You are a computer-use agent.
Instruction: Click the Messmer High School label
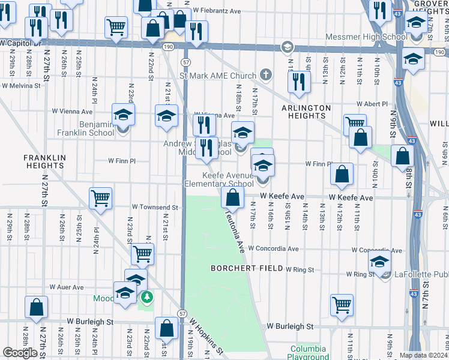point(366,37)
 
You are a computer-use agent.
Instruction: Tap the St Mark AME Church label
point(218,76)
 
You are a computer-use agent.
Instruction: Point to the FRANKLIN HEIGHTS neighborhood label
point(44,161)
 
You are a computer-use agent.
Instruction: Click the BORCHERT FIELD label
point(246,268)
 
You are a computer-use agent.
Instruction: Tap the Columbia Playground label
point(308,353)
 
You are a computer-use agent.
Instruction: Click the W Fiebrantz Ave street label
point(216,11)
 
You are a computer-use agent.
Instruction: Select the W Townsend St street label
point(155,207)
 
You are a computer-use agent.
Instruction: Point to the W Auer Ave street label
point(67,287)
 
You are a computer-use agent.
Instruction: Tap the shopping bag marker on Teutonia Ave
point(232,196)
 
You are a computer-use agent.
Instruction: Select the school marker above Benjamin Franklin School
point(124,114)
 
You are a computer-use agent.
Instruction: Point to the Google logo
point(20,353)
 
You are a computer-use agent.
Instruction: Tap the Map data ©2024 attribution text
point(423,355)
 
